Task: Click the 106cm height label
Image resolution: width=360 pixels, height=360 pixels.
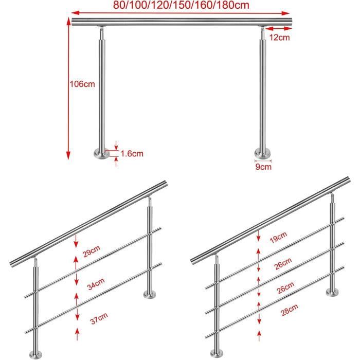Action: tap(82, 84)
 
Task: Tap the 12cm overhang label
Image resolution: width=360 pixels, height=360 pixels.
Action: tap(279, 38)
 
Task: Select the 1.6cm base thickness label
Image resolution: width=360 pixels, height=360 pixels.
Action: tap(132, 153)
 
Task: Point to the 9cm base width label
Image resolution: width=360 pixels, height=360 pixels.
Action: tap(263, 167)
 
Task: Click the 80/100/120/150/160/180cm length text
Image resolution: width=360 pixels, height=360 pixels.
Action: tap(181, 5)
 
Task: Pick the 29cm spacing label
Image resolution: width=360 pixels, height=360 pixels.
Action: tap(92, 251)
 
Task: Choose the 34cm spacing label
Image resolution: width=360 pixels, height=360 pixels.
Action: tap(96, 284)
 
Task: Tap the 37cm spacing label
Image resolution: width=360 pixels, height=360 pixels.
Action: tap(99, 318)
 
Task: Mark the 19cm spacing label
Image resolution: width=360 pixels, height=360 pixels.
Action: tap(278, 237)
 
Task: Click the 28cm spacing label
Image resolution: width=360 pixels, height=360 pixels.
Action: tap(289, 310)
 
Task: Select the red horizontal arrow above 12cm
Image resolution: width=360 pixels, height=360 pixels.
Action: tap(278, 29)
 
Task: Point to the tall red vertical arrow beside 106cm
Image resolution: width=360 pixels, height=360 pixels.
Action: tap(68, 88)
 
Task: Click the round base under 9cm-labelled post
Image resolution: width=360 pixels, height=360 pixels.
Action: tap(263, 154)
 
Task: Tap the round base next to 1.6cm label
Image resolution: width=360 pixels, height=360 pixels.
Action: tap(102, 154)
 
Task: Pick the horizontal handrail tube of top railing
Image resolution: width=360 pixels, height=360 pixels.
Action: tap(182, 22)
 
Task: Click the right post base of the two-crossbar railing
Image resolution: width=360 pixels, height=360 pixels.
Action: tap(150, 294)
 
